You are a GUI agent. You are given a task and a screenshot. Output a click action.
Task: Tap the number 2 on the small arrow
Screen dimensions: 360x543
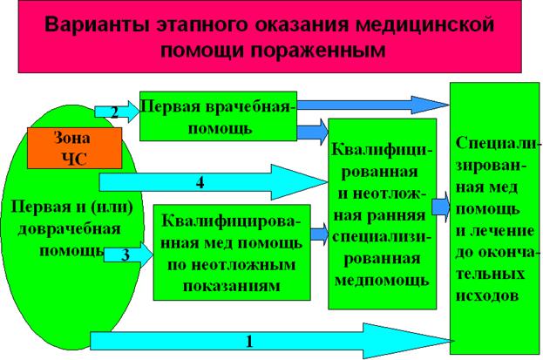(113, 111)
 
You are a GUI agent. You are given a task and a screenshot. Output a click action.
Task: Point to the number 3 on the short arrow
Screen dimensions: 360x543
(126, 255)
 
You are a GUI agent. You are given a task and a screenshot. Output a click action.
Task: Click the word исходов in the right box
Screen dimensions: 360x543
(492, 295)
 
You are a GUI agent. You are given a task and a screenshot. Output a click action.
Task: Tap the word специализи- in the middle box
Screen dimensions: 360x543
(379, 236)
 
